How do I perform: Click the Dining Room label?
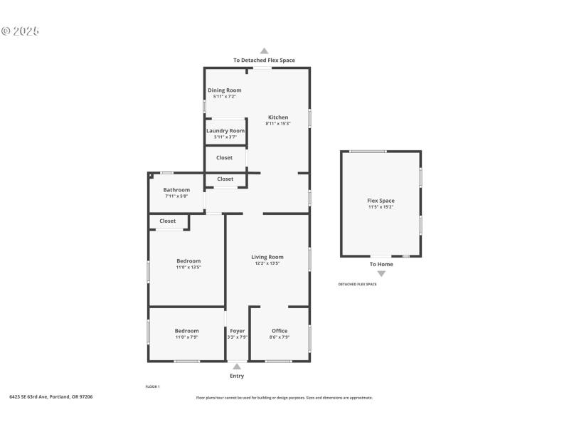point(224,90)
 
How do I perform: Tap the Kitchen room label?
point(278,117)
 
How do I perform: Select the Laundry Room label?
point(225,131)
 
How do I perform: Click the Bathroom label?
point(176,190)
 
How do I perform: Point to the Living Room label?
point(267,257)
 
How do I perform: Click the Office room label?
point(280,331)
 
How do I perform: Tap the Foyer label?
point(238,331)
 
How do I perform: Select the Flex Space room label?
point(381,201)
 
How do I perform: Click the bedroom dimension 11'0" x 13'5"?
point(188,268)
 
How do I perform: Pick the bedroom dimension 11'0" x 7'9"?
point(187,337)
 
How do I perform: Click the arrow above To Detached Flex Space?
point(264,51)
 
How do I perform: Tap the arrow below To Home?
point(381,273)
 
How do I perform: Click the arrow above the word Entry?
point(237,367)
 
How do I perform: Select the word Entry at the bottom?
point(237,376)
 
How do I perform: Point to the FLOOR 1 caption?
point(152,386)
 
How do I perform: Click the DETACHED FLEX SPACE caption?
point(357,284)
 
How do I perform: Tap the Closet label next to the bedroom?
point(168,221)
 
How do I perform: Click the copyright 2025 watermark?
point(20,31)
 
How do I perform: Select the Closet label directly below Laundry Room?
point(225,157)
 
